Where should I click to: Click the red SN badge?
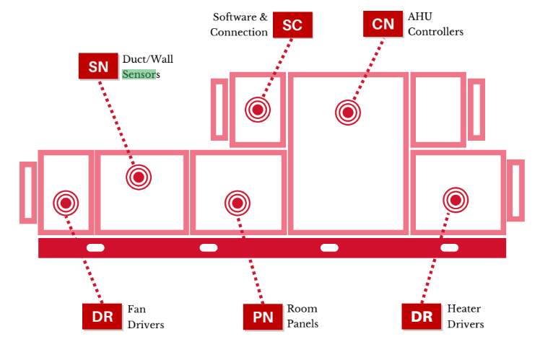tap(98, 66)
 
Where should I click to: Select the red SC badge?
tap(292, 25)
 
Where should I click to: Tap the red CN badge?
tap(383, 24)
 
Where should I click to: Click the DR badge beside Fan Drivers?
tap(102, 316)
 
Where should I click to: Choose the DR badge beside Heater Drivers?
tap(422, 316)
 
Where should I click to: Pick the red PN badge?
tap(263, 316)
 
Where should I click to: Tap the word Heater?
tap(464, 309)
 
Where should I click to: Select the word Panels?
tap(302, 324)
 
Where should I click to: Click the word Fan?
tap(136, 309)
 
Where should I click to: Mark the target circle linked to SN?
tap(139, 177)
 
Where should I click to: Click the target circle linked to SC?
tap(258, 110)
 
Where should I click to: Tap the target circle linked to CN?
tap(348, 112)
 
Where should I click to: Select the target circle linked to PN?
tap(238, 203)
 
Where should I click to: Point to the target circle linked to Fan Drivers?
tap(66, 203)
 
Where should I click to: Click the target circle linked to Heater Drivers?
tap(456, 200)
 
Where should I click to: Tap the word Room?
tap(302, 309)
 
